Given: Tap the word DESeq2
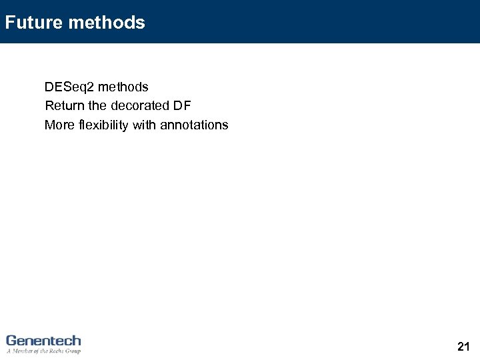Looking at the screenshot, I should point(69,87).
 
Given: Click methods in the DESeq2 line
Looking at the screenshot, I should point(123,87).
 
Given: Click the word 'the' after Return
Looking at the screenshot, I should point(97,106).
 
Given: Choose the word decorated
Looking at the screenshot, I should point(140,106).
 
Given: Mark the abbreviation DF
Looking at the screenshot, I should point(182,106).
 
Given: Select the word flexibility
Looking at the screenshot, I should point(103,125).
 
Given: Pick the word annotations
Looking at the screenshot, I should point(194,125).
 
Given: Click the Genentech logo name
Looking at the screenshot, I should point(43,341).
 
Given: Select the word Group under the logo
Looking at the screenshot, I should point(73,351).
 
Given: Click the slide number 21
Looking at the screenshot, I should point(464,346).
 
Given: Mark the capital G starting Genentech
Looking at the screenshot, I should point(11,341).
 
